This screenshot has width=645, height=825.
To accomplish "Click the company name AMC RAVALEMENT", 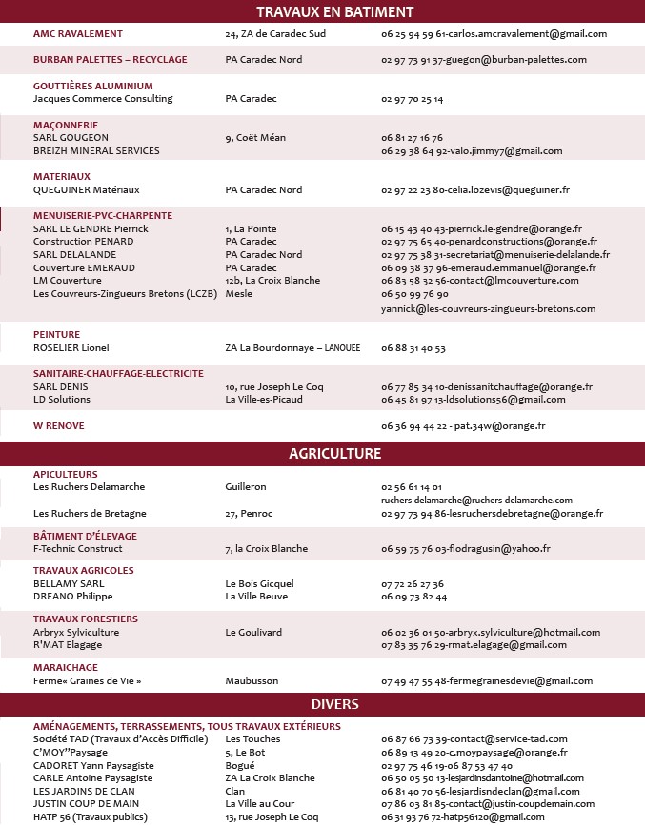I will pos(77,33).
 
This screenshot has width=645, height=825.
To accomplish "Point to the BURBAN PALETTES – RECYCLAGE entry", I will pos(110,59).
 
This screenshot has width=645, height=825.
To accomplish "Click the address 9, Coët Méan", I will pos(255,138).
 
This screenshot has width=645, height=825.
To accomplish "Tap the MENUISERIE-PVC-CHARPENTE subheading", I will pos(103,216).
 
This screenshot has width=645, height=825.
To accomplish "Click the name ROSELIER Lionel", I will pos(71,348).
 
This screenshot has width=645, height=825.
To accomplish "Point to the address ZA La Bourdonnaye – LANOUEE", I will pos(292,348).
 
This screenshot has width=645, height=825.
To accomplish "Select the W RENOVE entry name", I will pos(58,425).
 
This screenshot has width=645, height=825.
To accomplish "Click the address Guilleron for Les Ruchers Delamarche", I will pos(246,487).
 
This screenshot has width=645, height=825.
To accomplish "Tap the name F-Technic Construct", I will pos(78,549).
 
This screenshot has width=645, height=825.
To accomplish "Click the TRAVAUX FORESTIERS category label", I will pos(85,619).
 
